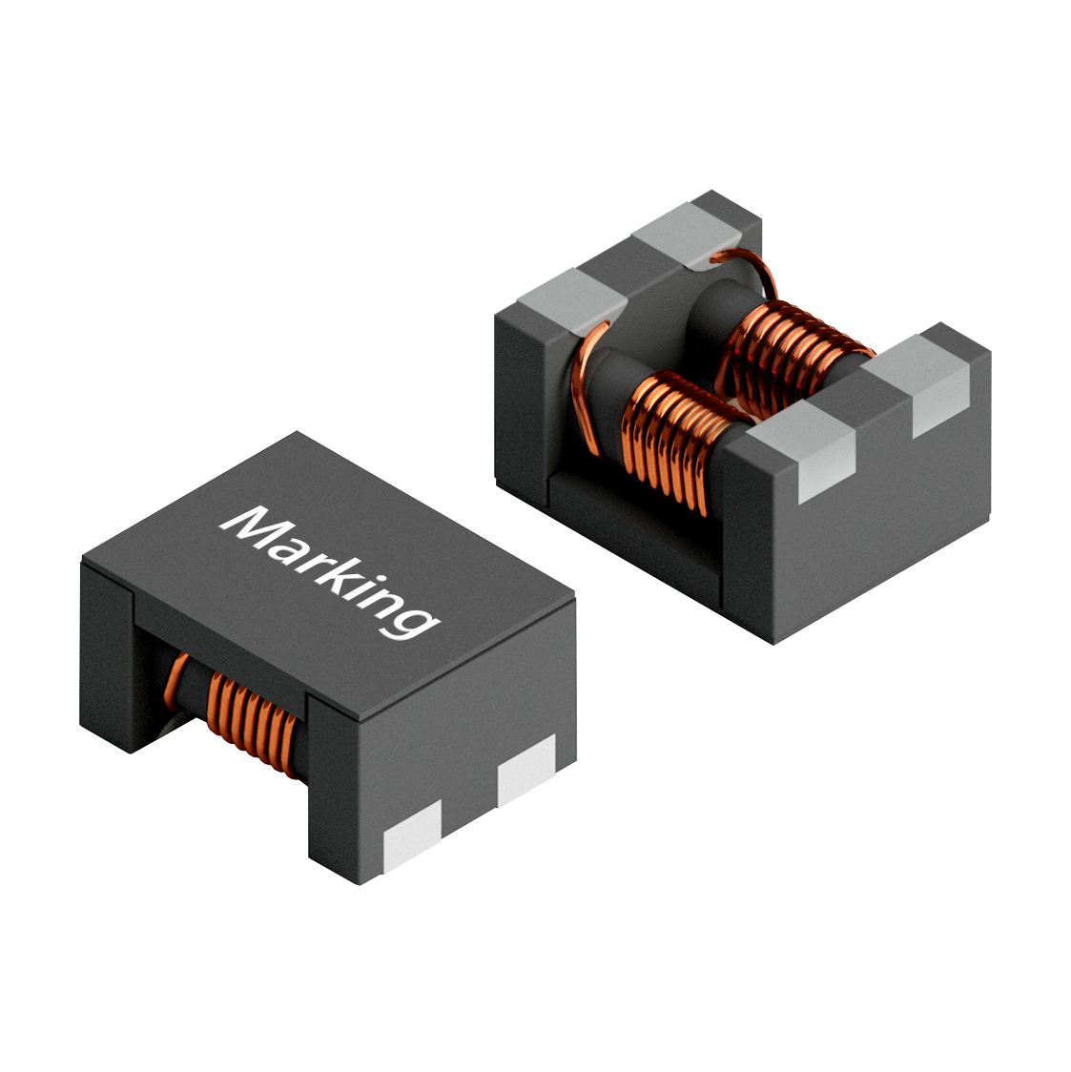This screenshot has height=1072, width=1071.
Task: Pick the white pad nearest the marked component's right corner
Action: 527,769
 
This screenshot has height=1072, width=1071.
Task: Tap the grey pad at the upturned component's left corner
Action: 572,298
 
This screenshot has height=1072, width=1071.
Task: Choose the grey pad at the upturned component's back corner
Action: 687,229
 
